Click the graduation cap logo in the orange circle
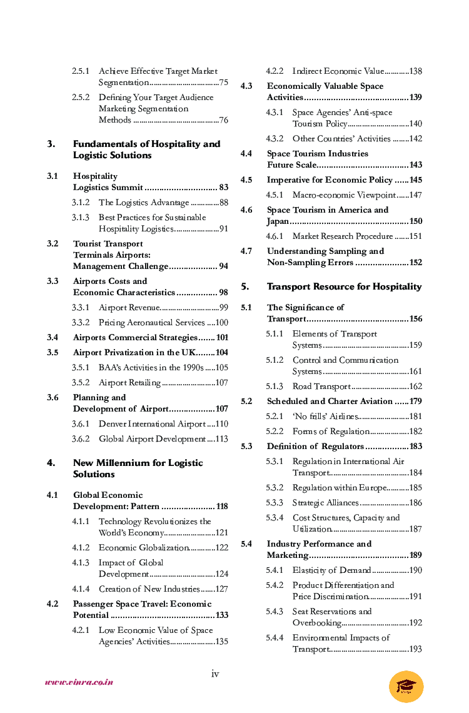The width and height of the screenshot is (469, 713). pos(406,686)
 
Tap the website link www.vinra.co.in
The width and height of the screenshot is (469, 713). pos(79,682)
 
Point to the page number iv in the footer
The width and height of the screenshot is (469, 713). pos(215,674)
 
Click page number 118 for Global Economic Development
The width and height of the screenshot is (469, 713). pos(221,507)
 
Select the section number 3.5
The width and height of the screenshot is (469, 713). pos(53,353)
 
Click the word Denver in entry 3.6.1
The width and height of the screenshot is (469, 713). pos(113,424)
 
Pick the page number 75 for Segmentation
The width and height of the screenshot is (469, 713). pos(223,83)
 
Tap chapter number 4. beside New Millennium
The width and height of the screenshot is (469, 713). pos(51,463)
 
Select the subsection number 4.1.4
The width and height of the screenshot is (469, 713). pos(81,589)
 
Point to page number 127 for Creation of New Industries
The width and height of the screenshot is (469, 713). pos(221,589)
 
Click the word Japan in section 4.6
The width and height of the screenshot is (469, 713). pos(278,221)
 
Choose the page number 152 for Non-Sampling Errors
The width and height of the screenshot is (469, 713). pos(415,263)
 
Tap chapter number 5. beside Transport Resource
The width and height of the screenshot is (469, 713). pos(245,287)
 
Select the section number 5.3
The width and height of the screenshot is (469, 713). pos(246,447)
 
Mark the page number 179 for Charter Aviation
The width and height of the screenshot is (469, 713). pos(415,402)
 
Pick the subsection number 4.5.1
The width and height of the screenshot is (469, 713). pos(275,195)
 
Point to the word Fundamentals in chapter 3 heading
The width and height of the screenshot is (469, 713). pos(105,144)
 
